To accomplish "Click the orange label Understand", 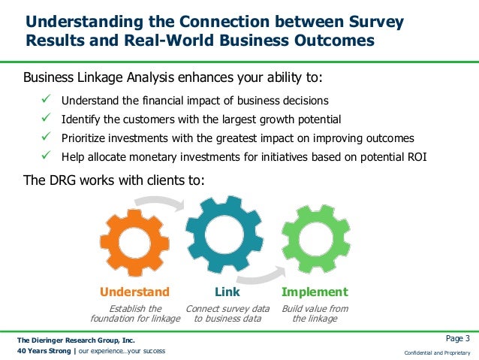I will tap(135, 292).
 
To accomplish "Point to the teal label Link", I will tap(227, 292).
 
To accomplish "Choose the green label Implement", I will tap(315, 292).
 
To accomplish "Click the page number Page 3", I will tap(457, 337).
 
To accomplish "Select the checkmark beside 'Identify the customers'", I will tap(46, 119).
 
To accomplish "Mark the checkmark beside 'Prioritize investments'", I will tap(46, 138).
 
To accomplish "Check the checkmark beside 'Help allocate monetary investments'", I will tap(46, 156).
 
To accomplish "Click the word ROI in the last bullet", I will tap(444, 157).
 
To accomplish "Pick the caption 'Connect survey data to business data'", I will tap(227, 313).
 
